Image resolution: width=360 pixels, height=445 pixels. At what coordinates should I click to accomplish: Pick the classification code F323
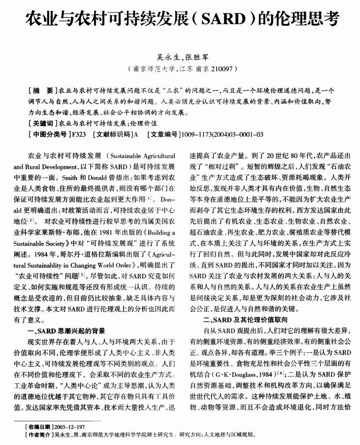(78, 134)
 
